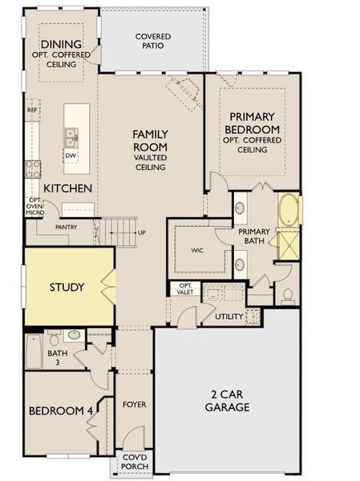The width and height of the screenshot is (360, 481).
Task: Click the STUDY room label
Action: coord(67,287)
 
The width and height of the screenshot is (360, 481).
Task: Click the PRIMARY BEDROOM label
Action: coord(253,123)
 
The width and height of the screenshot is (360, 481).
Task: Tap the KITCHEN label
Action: coord(67,188)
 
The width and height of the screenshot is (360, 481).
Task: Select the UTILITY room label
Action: coord(229,317)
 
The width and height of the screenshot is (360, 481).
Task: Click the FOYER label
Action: coord(134,404)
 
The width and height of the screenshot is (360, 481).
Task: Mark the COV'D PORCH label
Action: coord(132,463)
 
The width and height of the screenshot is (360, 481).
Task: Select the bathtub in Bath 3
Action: coord(34,350)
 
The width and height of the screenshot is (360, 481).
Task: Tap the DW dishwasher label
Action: coord(71,156)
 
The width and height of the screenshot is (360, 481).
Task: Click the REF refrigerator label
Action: coord(32,110)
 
